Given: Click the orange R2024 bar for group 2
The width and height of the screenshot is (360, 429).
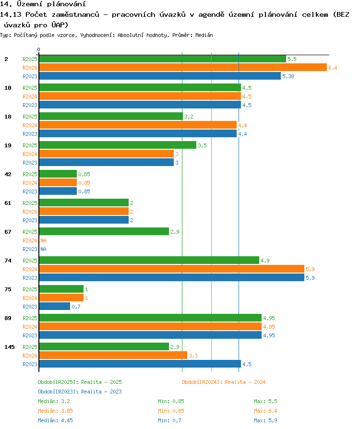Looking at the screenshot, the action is click(183, 67).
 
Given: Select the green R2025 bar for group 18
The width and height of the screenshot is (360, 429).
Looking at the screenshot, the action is click(111, 116).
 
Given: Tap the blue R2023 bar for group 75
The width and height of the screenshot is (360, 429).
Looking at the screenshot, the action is click(54, 307).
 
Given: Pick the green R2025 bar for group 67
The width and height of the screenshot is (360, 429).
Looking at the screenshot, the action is click(104, 231).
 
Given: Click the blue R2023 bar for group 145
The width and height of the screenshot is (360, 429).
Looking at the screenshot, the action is click(140, 364).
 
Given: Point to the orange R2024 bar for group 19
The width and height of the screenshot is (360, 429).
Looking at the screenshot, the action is click(106, 154).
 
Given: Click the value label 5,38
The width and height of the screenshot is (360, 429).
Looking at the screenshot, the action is click(288, 76).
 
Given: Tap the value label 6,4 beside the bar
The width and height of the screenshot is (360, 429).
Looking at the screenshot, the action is click(333, 68).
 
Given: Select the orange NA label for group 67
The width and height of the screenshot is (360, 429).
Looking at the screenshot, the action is click(43, 240).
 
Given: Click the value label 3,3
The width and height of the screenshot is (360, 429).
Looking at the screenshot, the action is click(193, 356).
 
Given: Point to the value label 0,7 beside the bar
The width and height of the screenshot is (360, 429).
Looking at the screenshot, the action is click(76, 307).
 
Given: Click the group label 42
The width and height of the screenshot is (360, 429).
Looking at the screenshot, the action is click(8, 174).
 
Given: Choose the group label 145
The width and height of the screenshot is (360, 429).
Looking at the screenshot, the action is click(10, 347).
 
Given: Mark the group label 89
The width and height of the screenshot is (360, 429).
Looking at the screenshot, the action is click(8, 318).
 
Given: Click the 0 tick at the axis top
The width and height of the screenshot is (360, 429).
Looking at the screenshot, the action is click(38, 49).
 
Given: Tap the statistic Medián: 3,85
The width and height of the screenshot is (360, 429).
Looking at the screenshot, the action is click(55, 411).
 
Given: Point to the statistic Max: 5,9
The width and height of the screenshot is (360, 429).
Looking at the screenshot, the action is click(265, 420).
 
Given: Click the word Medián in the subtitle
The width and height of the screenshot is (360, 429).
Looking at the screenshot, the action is click(204, 35).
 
